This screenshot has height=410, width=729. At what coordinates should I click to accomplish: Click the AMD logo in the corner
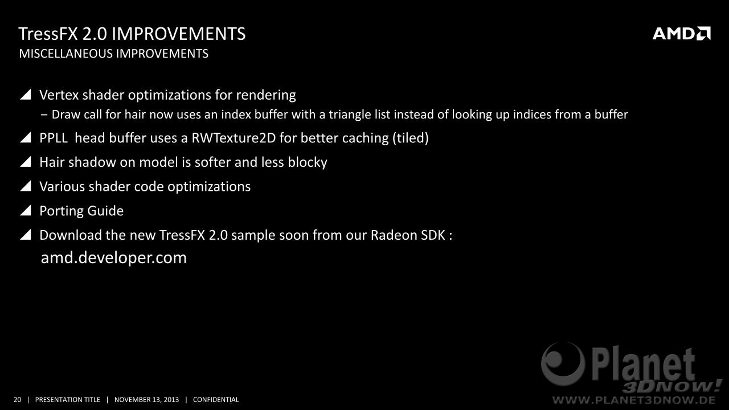pyautogui.click(x=682, y=34)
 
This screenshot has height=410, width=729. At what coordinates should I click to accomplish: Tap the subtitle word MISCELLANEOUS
pyautogui.click(x=65, y=54)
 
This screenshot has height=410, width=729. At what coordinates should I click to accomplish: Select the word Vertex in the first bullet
pyautogui.click(x=59, y=95)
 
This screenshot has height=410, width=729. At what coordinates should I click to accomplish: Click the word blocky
pyautogui.click(x=308, y=162)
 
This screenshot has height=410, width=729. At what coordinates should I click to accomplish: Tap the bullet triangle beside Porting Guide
pyautogui.click(x=26, y=211)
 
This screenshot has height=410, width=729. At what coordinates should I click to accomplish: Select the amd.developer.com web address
pyautogui.click(x=114, y=258)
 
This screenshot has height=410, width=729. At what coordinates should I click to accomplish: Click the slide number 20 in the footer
pyautogui.click(x=17, y=400)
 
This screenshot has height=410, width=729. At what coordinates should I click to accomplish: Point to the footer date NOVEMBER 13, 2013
pyautogui.click(x=146, y=400)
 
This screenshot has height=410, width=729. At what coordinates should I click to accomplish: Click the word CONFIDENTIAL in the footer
pyautogui.click(x=216, y=400)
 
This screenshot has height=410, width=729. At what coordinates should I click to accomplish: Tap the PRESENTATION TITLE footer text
pyautogui.click(x=68, y=400)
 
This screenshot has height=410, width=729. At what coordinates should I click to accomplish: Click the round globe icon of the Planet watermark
pyautogui.click(x=563, y=364)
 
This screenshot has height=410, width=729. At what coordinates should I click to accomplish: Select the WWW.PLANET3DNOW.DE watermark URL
pyautogui.click(x=634, y=400)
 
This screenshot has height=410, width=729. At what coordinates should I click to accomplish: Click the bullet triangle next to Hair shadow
pyautogui.click(x=26, y=162)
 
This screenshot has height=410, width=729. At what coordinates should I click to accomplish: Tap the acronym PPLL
pyautogui.click(x=54, y=138)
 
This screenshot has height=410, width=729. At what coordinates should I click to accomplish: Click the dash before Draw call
pyautogui.click(x=44, y=115)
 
